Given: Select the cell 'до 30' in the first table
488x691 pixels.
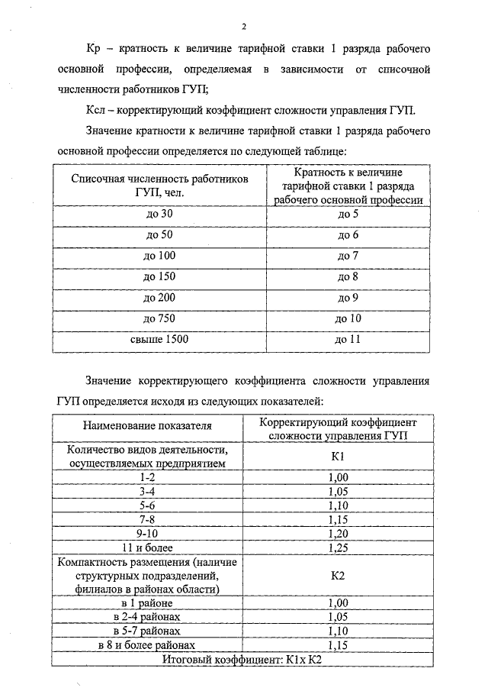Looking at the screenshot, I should click(x=160, y=215).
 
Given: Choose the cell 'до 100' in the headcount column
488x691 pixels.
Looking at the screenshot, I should click(x=160, y=257).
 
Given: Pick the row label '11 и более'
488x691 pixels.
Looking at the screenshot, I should click(x=148, y=547).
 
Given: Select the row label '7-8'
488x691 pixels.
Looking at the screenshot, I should click(x=148, y=519).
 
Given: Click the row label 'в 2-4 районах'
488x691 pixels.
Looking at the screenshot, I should click(x=148, y=617).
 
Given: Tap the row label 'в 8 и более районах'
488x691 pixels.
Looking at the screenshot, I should click(x=148, y=645).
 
